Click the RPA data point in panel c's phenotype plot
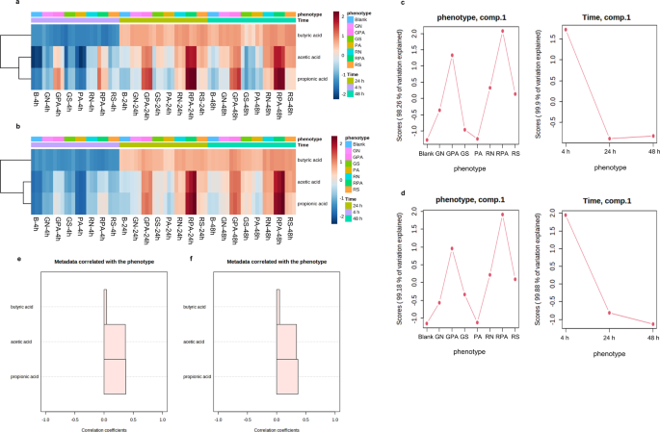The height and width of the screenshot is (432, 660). tap(502, 31)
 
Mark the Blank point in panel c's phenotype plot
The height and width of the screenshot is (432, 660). tap(426, 140)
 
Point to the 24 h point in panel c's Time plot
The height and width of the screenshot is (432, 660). tap(610, 139)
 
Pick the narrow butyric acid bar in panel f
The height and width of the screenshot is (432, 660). tap(278, 307)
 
